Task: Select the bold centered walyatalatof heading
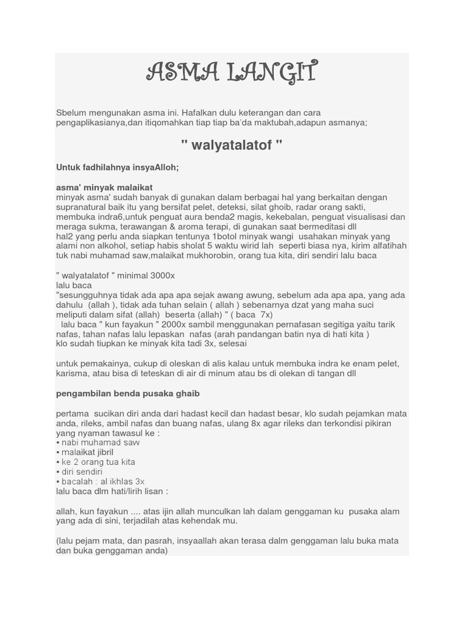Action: (231, 146)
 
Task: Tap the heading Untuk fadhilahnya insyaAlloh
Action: (117, 167)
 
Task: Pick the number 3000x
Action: (162, 275)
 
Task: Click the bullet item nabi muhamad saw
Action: (100, 442)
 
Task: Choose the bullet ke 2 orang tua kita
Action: (98, 462)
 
